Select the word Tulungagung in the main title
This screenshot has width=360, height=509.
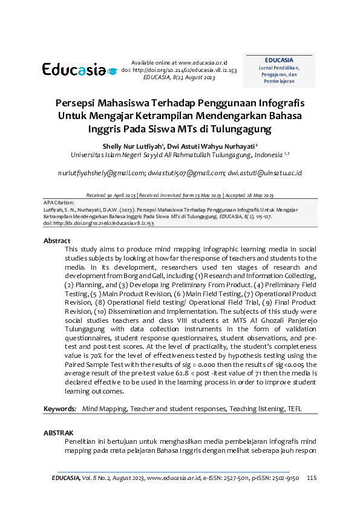pos(238,129)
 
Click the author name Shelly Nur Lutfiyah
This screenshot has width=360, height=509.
pos(129,146)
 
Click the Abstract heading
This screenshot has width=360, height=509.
pos(57,241)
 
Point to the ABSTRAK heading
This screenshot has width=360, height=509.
pos(58,433)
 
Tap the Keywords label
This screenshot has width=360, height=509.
pos(59,409)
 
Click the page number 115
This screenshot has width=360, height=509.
pos(312,478)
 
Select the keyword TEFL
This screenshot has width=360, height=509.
pos(293,409)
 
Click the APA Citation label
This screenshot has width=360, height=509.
pos(59,203)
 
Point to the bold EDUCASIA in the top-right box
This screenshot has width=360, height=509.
pos(279,60)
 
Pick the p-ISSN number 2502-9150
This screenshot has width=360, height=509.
pos(286,478)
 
